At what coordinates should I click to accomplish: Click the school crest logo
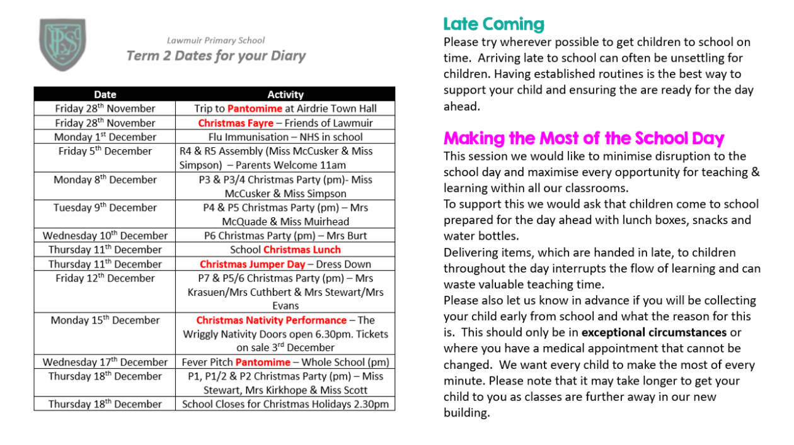click(x=62, y=45)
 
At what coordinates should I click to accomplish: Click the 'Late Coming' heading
click(x=493, y=25)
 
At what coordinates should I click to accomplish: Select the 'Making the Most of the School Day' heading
click(x=584, y=138)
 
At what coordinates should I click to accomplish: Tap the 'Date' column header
click(x=105, y=94)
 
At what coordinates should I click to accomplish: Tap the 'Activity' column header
click(x=285, y=94)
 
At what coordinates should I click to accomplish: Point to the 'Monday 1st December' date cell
click(x=105, y=137)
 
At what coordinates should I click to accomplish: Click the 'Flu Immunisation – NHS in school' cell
click(x=285, y=137)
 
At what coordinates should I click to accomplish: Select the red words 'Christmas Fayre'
click(x=236, y=123)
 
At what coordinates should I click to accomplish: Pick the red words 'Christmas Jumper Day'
click(x=252, y=264)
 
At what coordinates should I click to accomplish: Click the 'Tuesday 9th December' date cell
click(x=105, y=208)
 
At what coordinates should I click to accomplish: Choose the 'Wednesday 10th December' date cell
click(x=105, y=236)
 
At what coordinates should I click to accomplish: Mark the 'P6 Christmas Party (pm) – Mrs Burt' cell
click(x=285, y=236)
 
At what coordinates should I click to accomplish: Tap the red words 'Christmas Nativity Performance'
click(x=271, y=320)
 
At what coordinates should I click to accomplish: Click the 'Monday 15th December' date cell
click(x=105, y=320)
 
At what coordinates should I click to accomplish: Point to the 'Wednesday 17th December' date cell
click(x=105, y=363)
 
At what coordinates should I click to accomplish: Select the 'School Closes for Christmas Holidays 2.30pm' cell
click(x=285, y=405)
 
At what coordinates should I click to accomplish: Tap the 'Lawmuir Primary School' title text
click(x=216, y=41)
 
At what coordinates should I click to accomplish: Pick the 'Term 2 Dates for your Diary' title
click(x=216, y=56)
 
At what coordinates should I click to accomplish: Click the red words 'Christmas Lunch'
click(x=297, y=250)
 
